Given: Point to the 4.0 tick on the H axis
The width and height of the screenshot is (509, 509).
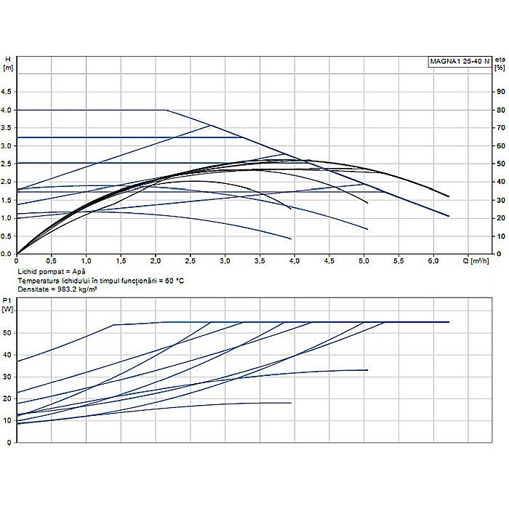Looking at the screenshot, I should tap(9, 110).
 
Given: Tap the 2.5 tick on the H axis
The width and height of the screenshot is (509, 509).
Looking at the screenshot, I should tap(9, 164).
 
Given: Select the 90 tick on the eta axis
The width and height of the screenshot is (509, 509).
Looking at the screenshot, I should tap(500, 92).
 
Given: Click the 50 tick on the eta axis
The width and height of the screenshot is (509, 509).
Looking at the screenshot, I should tap(500, 164).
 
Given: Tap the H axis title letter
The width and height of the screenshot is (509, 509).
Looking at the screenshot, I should tap(8, 58).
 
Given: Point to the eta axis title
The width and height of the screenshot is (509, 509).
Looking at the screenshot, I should tap(500, 58).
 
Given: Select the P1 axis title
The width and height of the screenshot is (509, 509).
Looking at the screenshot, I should tap(7, 300).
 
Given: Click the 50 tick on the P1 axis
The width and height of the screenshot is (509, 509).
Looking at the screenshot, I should tap(7, 333).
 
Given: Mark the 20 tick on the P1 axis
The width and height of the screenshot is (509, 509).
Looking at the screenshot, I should tap(7, 398).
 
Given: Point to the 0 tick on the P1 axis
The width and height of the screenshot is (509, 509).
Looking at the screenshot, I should tap(9, 442).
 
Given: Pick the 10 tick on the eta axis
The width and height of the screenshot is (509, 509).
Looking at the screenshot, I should tap(500, 236).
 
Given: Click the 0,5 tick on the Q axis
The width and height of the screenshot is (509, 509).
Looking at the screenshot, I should tap(51, 260).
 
